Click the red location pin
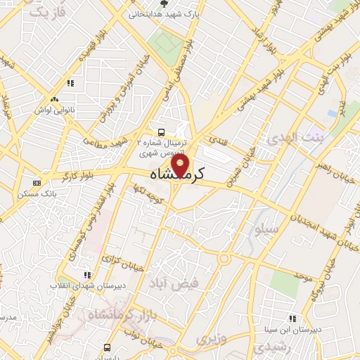click(x=181, y=166)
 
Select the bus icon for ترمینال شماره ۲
click(x=162, y=131)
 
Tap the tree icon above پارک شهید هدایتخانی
click(x=164, y=4)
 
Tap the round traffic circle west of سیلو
click(x=224, y=259)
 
